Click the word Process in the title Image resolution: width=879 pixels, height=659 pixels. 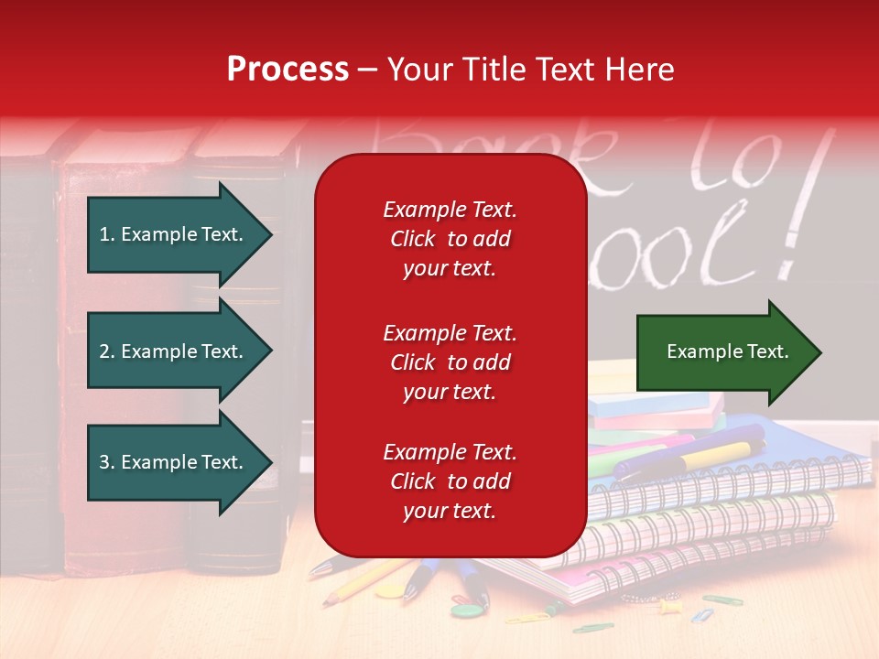point(288,70)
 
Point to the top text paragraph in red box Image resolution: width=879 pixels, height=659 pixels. point(450,239)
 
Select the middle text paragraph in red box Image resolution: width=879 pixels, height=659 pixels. point(450,362)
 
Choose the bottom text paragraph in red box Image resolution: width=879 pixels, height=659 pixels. point(450,481)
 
